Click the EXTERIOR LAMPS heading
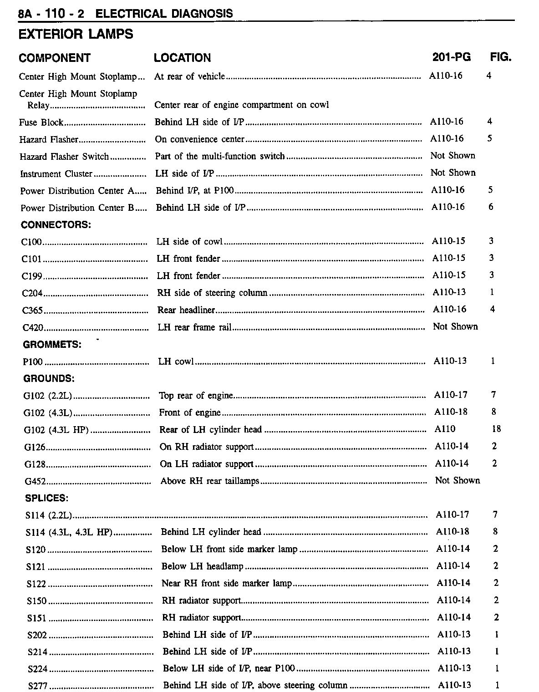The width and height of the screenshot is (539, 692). [76, 34]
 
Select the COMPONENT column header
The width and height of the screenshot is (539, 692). [55, 58]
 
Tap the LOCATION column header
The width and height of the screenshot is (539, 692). [182, 58]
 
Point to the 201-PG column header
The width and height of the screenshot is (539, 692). [451, 57]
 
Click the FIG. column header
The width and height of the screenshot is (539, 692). [500, 57]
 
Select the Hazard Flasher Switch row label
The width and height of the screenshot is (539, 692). [64, 157]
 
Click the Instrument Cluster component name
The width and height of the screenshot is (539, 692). [56, 174]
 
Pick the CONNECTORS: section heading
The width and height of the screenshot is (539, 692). [56, 224]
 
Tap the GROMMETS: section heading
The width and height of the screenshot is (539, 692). [52, 345]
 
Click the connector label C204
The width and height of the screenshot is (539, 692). [32, 293]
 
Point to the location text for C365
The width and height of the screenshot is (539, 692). [186, 310]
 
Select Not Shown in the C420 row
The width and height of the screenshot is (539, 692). [455, 326]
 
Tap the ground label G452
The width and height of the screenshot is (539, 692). [36, 482]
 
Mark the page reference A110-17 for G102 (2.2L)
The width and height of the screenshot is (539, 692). [451, 395]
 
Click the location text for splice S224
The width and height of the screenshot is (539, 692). [229, 668]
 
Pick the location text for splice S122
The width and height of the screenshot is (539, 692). [227, 583]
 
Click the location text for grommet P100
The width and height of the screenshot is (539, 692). [176, 361]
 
